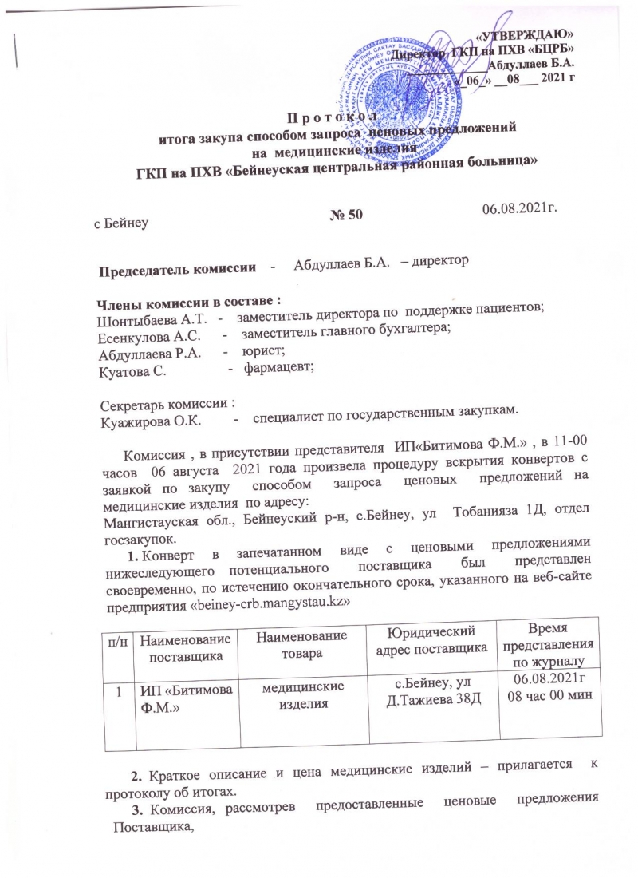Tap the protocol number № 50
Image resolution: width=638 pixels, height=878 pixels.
[x=346, y=214]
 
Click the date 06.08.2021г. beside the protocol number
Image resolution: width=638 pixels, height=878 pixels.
[x=519, y=208]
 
